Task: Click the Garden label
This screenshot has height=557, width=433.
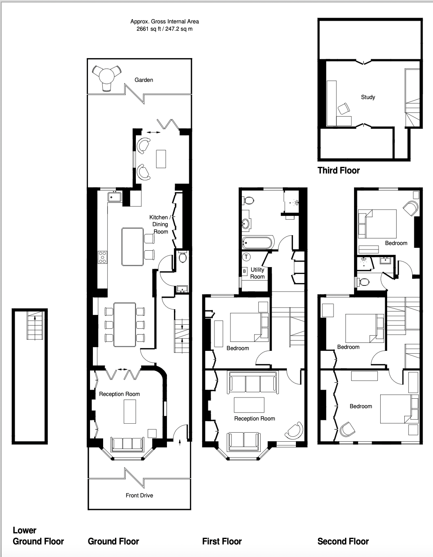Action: [x=144, y=80]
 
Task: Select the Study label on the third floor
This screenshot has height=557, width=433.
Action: [x=368, y=97]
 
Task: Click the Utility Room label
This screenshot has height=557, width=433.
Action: [x=257, y=273]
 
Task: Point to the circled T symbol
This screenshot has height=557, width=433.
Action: [x=246, y=256]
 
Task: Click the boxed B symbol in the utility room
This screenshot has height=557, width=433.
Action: [x=244, y=271]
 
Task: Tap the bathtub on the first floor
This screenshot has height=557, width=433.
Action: [x=257, y=243]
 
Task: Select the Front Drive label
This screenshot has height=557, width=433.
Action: [x=139, y=496]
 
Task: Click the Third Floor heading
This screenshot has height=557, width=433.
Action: [x=338, y=171]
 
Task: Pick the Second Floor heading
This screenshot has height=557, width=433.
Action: [x=343, y=541]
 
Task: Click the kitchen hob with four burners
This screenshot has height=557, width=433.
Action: [x=103, y=257]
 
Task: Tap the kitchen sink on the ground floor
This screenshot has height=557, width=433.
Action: [x=115, y=197]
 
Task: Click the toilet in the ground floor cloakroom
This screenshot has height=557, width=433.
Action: [x=183, y=257]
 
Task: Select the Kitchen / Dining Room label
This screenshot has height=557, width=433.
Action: [x=160, y=224]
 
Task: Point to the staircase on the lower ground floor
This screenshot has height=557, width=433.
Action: [x=35, y=326]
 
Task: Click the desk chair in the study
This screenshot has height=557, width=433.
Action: [x=344, y=109]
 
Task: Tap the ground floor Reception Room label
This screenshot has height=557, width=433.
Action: [x=119, y=394]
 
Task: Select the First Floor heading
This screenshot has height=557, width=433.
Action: [x=222, y=541]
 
